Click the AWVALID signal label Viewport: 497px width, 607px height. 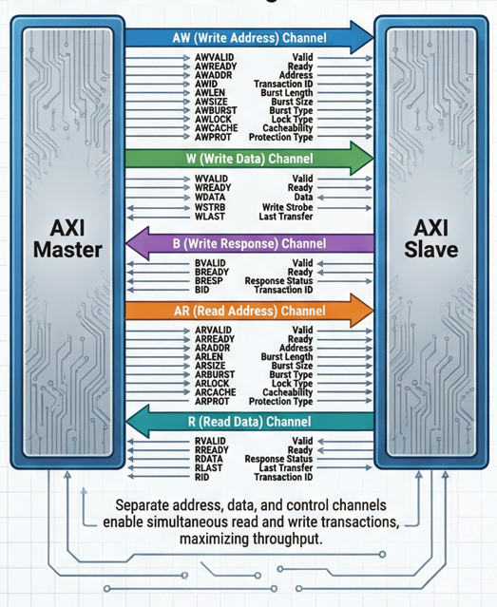pos(214,58)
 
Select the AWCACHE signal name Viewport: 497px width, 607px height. pos(216,128)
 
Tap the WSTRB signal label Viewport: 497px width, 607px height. pos(210,207)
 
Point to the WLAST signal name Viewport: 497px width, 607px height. pos(210,217)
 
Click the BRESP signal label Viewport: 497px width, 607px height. pos(209,280)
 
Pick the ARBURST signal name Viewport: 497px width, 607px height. pos(215,374)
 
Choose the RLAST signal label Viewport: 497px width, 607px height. pos(208,467)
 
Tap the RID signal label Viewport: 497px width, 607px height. pos(201,477)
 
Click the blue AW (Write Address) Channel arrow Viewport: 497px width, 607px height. pos(250,38)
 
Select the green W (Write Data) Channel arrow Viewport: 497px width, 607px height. pos(250,159)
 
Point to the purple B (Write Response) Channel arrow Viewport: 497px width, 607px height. pos(250,243)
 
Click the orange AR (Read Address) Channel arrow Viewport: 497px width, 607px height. pos(250,311)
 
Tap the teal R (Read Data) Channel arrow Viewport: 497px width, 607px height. pos(250,421)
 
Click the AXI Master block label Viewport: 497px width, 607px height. pos(67,238)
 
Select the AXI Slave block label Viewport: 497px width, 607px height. pos(431,238)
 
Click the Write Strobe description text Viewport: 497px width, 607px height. pos(287,207)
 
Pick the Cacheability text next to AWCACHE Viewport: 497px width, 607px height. pos(287,128)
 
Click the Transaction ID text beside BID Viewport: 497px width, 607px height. pos(283,290)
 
